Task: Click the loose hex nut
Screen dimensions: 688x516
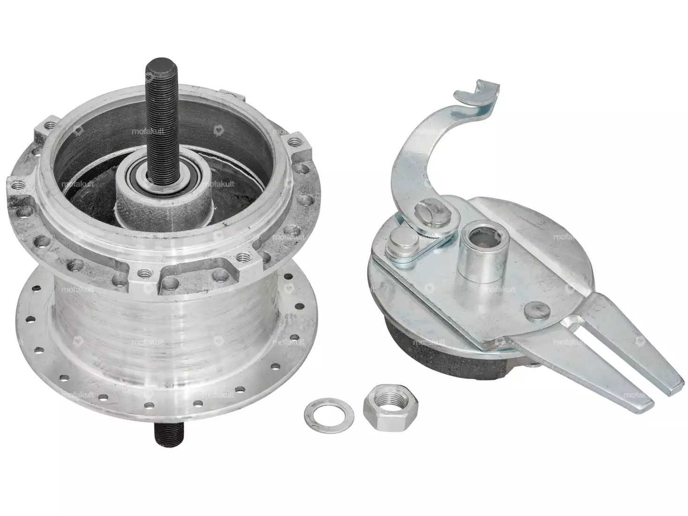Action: click(390, 408)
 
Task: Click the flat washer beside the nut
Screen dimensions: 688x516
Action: click(329, 415)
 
